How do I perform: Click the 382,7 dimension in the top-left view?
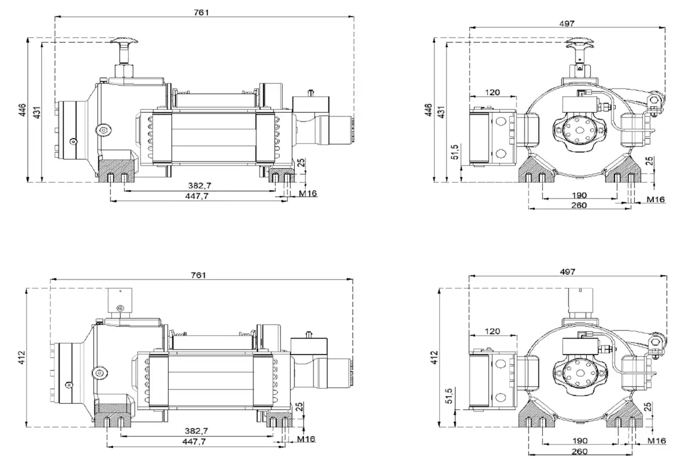pos(203,186)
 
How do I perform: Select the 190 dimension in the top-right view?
pos(579,195)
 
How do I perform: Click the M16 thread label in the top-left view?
pos(308,194)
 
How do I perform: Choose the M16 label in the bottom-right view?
pos(656,440)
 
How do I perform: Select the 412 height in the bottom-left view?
pos(22,357)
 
